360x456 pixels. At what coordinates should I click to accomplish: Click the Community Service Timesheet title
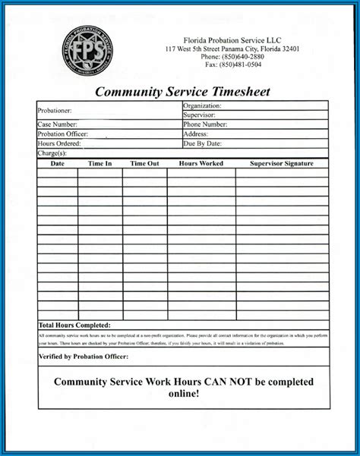point(182,92)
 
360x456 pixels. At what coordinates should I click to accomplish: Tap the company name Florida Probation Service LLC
point(232,39)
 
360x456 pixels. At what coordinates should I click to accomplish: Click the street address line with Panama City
point(232,49)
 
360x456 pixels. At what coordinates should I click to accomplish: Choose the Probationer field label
point(55,111)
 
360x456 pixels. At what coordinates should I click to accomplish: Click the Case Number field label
point(58,124)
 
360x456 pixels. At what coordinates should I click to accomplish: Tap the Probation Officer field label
point(63,134)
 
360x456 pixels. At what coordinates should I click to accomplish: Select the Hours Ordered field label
point(59,143)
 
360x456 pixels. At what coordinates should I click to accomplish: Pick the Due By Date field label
point(202,143)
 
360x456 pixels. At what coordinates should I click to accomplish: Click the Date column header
point(58,163)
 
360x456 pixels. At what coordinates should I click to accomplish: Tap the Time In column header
point(99,163)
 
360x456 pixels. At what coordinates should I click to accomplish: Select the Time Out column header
point(144,163)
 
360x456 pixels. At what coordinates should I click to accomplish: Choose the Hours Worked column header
point(201,163)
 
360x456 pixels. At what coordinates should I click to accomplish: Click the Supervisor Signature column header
point(281,163)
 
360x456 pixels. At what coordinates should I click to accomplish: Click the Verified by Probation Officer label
point(84,355)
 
